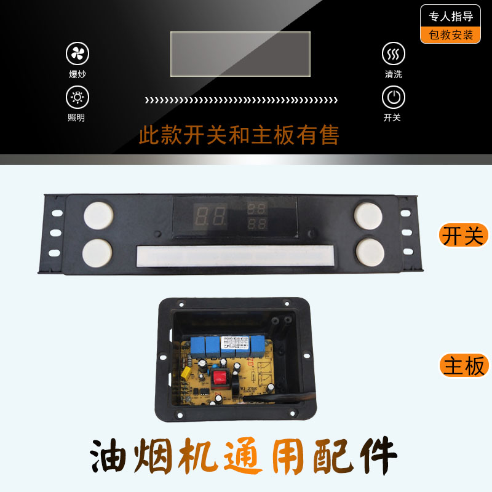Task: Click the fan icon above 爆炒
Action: pos(77,54)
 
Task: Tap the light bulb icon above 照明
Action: pos(77,97)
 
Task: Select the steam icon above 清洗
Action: pos(394,54)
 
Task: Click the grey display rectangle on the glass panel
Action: pos(240,54)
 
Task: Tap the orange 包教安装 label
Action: pos(451,35)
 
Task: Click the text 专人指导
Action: pos(451,17)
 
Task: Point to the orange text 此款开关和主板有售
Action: pos(239,135)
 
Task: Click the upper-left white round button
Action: pos(98,215)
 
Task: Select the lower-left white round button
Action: pos(98,252)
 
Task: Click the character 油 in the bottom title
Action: pos(116,456)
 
